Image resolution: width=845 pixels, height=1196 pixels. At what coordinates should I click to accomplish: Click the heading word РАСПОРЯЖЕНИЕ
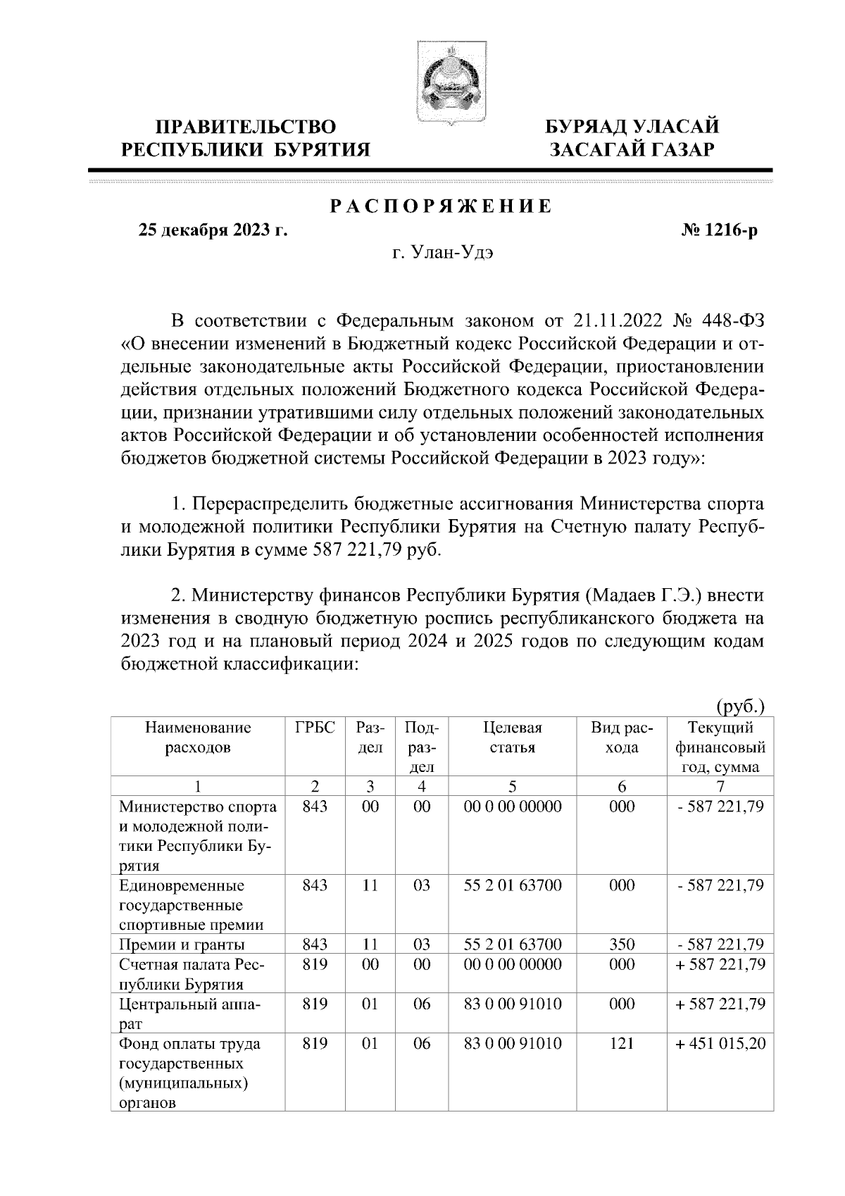441,207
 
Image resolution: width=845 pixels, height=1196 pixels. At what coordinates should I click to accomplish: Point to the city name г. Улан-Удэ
442,254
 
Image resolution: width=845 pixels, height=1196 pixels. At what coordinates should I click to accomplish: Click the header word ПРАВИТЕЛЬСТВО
246,127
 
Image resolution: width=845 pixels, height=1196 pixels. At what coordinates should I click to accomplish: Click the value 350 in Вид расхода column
622,945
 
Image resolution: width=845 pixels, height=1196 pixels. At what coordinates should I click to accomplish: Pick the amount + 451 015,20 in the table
720,1043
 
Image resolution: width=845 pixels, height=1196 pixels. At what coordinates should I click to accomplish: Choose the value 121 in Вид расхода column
622,1043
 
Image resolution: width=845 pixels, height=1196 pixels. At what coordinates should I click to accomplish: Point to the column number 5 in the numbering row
512,786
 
